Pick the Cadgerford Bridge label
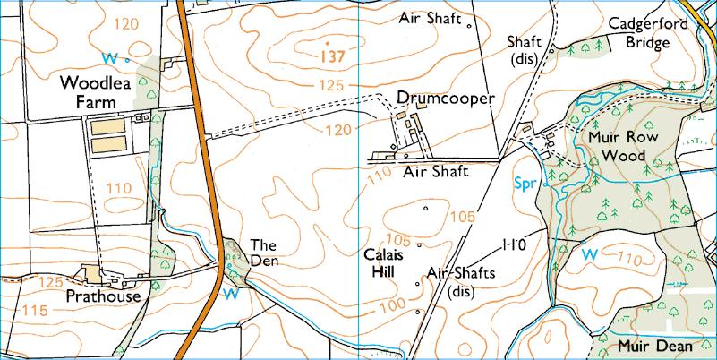(660, 33)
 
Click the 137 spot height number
(331, 57)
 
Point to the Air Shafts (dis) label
(461, 281)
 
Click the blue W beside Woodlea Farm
(110, 58)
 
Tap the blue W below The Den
(230, 293)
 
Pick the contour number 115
(36, 311)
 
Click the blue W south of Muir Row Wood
(589, 254)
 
